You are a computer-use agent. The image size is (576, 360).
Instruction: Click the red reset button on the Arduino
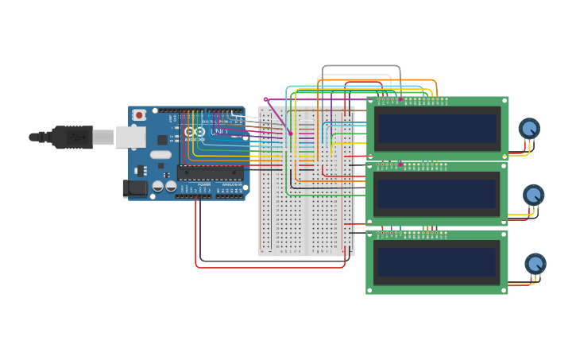click(139, 115)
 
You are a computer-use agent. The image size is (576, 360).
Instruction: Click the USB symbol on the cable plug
click(77, 137)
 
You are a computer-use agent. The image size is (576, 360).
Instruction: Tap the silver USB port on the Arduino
click(130, 137)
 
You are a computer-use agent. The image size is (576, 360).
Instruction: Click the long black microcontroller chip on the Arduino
click(210, 172)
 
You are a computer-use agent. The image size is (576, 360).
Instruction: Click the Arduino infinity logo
click(195, 131)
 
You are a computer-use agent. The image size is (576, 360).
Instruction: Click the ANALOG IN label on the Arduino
click(231, 184)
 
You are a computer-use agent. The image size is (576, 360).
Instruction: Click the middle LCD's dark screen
click(438, 193)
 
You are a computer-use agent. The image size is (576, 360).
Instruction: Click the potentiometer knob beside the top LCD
click(529, 127)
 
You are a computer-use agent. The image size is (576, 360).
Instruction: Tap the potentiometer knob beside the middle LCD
click(533, 194)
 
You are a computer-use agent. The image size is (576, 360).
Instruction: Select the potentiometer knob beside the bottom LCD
click(535, 263)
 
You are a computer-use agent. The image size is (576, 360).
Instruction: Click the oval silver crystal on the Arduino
click(160, 155)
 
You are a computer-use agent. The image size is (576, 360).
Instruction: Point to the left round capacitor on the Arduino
click(158, 186)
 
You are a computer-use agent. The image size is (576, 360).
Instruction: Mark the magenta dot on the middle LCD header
click(401, 165)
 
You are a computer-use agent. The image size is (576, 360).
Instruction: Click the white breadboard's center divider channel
click(307, 181)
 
